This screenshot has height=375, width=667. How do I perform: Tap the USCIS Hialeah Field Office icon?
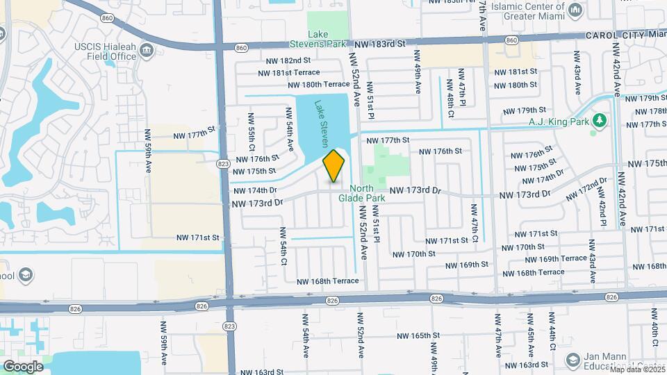coord(147,50)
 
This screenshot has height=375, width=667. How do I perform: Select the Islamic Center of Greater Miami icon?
coord(575,10)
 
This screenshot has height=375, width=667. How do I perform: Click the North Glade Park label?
coord(361,193)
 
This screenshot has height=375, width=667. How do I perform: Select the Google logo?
coord(23,366)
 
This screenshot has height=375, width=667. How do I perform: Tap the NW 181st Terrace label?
coord(289,72)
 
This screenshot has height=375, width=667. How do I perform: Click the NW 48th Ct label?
coord(450,94)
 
